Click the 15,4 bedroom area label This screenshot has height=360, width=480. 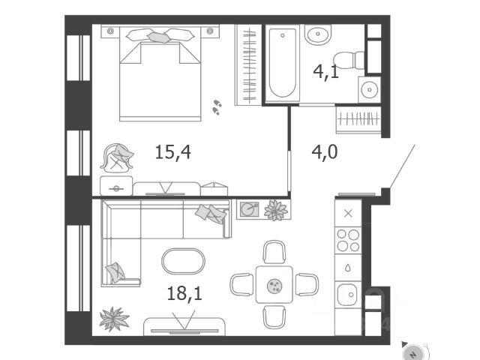click(x=172, y=152)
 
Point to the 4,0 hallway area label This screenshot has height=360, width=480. click(x=324, y=152)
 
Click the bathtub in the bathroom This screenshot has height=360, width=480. click(x=283, y=64)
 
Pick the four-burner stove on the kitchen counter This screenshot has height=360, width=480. click(x=347, y=239)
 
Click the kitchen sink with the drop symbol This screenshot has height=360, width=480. click(x=347, y=266)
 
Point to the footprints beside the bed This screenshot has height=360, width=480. click(x=217, y=106)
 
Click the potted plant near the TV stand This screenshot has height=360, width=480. click(x=114, y=317)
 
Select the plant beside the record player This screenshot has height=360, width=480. click(x=276, y=209)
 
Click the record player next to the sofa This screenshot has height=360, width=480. click(x=249, y=208)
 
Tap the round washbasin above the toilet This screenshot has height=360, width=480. click(x=317, y=34)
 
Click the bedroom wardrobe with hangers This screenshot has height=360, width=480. click(x=247, y=65)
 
